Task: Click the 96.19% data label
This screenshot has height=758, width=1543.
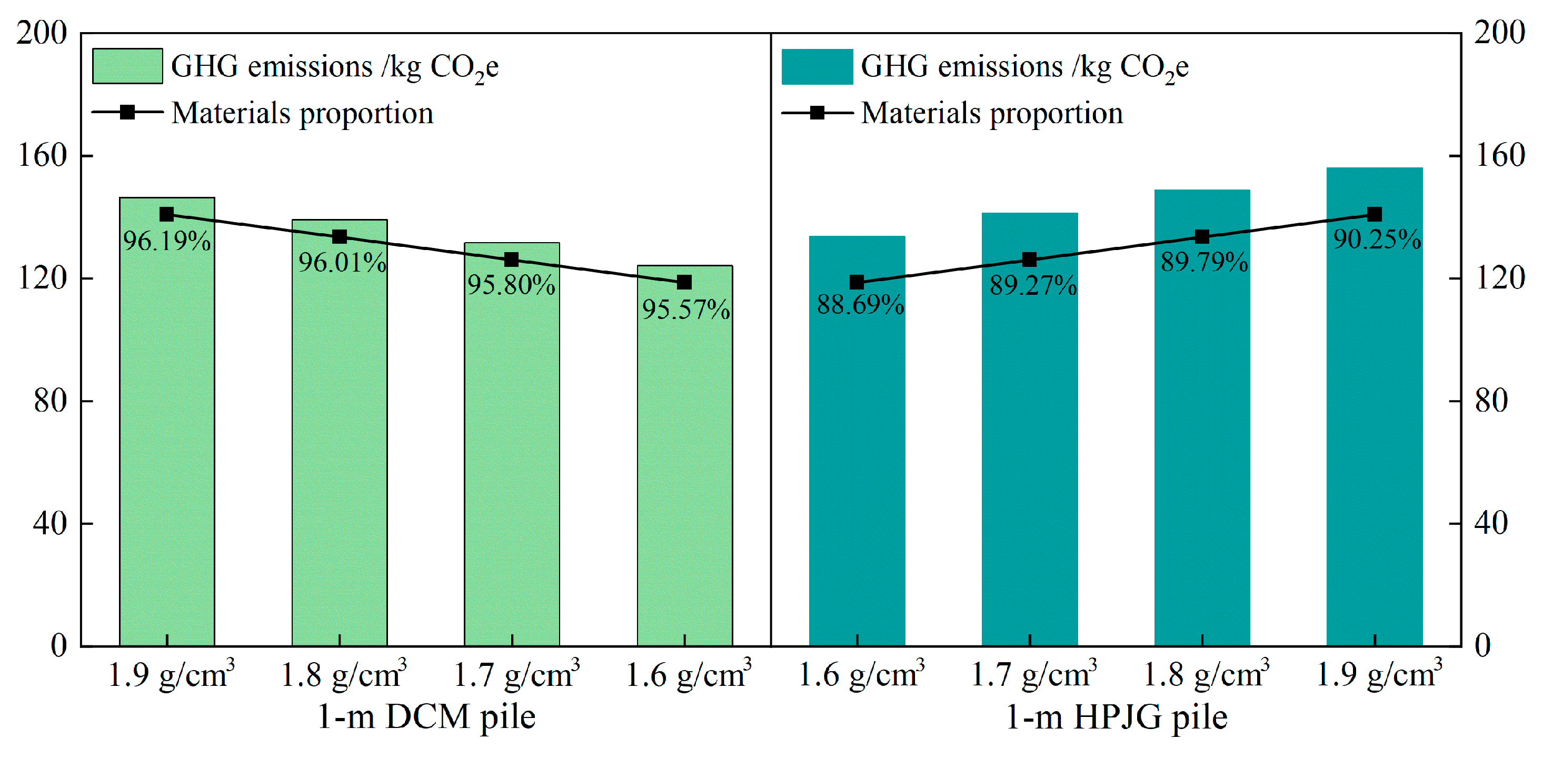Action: point(166,241)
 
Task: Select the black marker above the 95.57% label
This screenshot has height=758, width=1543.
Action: point(684,282)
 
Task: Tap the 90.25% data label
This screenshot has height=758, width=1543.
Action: point(1377,240)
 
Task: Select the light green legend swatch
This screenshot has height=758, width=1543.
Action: point(127,66)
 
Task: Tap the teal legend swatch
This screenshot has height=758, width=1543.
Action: point(817,66)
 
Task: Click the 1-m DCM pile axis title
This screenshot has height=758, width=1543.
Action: point(426,716)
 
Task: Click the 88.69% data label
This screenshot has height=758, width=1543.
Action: point(860,305)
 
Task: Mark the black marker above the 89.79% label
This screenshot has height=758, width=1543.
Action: point(1201,237)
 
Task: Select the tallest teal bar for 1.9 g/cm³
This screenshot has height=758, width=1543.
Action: point(1374,419)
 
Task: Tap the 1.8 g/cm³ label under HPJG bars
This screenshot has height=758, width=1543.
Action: point(1206,675)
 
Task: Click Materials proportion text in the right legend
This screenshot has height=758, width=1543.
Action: point(991,113)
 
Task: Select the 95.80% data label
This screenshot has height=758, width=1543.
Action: point(511,285)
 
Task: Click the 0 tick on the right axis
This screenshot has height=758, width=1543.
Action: point(1482,646)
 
